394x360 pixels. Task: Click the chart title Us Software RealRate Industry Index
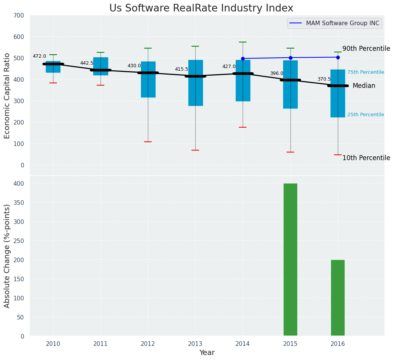pyautogui.click(x=201, y=8)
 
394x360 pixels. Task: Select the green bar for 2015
pyautogui.click(x=290, y=259)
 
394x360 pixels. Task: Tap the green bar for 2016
pyautogui.click(x=337, y=298)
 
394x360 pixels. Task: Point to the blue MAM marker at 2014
pyautogui.click(x=243, y=58)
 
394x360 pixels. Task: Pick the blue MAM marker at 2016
pyautogui.click(x=338, y=57)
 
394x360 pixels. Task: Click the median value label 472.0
pyautogui.click(x=39, y=56)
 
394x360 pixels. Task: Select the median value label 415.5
pyautogui.click(x=182, y=69)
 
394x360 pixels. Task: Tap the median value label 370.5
pyautogui.click(x=324, y=79)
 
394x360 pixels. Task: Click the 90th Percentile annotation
pyautogui.click(x=366, y=49)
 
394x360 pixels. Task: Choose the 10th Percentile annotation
pyautogui.click(x=366, y=158)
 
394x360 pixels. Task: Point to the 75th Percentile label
pyautogui.click(x=366, y=72)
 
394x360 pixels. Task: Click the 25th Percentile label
pyautogui.click(x=366, y=115)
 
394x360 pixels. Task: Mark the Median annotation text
pyautogui.click(x=364, y=86)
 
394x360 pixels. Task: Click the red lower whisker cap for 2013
pyautogui.click(x=195, y=150)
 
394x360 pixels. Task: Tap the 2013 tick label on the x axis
pyautogui.click(x=195, y=344)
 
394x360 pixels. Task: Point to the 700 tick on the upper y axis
pyautogui.click(x=19, y=16)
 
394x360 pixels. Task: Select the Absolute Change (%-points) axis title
pyautogui.click(x=7, y=256)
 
